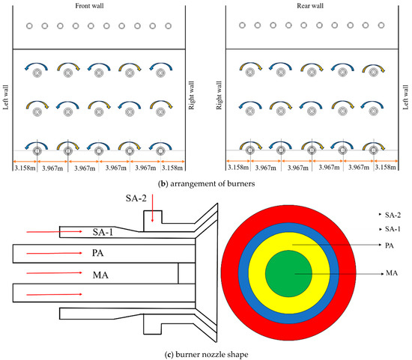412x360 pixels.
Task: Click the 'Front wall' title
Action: pos(89,6)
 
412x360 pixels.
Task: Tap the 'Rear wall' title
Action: pos(310,6)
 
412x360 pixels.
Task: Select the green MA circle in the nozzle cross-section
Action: pos(288,274)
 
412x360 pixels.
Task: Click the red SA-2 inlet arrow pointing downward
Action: pos(152,208)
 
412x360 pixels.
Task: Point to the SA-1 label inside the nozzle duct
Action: pos(103,232)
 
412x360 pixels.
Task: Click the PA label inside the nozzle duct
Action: pos(97,253)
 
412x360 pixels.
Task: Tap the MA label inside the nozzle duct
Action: pos(100,275)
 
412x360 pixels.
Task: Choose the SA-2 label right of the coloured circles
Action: pos(393,215)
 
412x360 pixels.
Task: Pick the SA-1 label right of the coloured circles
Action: pos(393,229)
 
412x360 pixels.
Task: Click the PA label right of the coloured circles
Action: pos(390,245)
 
